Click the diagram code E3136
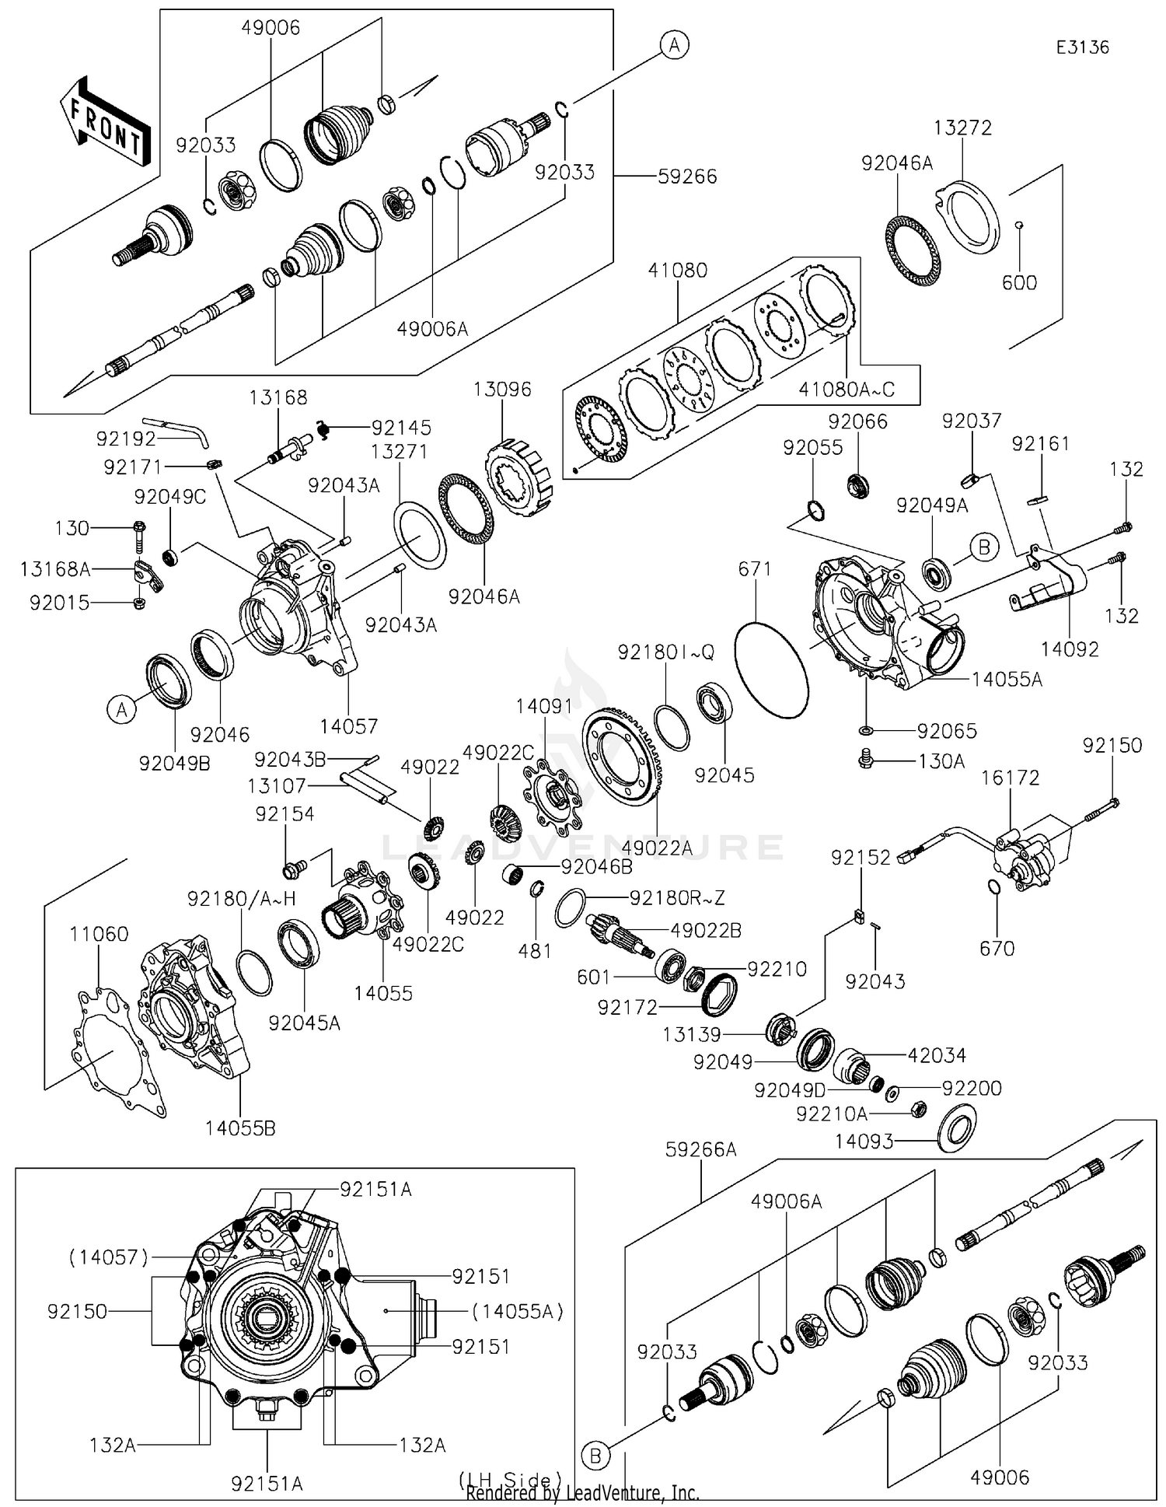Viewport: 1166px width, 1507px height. coord(1082,47)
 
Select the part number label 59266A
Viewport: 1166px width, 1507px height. coord(700,1149)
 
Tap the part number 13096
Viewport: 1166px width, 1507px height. coord(502,390)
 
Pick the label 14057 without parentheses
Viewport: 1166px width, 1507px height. coord(348,726)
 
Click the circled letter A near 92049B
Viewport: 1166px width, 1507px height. coord(122,710)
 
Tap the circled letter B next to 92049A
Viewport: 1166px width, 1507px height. coord(984,547)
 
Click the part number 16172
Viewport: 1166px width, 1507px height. coord(1010,778)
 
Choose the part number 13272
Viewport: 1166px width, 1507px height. coord(962,128)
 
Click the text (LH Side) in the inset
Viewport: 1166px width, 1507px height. coord(510,1479)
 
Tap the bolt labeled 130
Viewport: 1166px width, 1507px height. coord(139,531)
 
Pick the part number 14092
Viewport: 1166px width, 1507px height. coord(1070,649)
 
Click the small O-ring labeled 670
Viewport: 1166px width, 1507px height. coord(994,887)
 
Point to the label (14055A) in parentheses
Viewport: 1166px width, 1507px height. coord(517,1311)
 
